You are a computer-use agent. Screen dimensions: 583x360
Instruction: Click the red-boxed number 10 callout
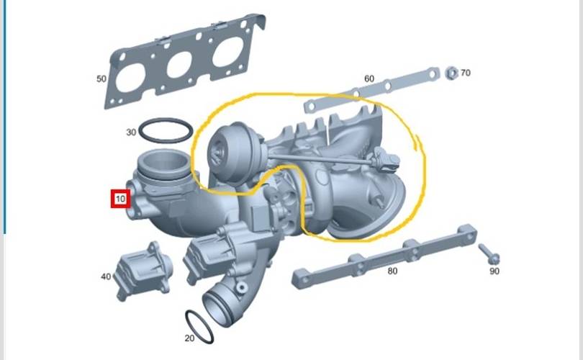pos(120,199)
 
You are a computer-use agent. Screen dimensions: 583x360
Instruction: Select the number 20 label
pos(189,338)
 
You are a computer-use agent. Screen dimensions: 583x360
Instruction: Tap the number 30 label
pos(131,132)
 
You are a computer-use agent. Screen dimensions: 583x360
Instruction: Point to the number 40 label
pos(106,276)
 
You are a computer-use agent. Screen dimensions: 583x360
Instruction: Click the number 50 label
pos(101,79)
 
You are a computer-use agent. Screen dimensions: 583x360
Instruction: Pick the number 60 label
pos(369,78)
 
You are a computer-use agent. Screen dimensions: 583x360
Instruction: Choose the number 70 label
pos(466,73)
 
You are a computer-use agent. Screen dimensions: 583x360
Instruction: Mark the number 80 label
pos(393,271)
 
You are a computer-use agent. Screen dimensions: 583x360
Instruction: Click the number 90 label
pos(494,271)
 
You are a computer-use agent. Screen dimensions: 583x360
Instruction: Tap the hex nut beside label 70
pos(451,73)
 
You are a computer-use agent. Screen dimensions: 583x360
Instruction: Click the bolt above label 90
pos(489,253)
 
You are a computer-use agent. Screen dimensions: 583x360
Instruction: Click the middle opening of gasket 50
pos(180,64)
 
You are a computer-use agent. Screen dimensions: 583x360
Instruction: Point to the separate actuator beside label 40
pos(143,270)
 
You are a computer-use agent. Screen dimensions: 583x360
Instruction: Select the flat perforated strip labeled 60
pos(372,90)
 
